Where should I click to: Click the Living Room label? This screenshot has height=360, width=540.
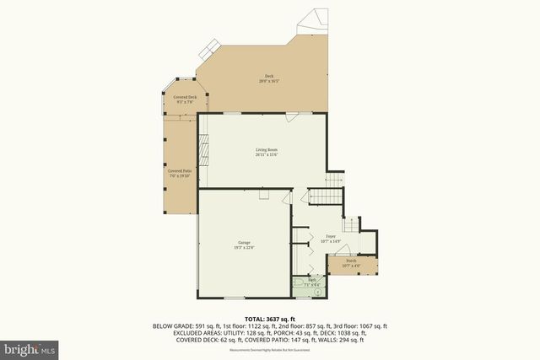267,150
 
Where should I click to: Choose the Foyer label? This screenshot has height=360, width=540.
331,237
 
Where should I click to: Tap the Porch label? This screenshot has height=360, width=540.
350,261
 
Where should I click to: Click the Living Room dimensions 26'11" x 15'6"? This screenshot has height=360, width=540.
267,155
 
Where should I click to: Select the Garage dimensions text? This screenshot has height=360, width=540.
245,248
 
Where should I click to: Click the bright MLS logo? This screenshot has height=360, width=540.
29,347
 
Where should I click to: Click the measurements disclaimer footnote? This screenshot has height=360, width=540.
270,349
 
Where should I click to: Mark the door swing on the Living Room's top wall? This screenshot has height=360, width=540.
291,119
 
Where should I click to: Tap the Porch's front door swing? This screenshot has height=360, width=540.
349,250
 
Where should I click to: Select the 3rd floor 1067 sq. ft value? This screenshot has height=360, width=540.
371,325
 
